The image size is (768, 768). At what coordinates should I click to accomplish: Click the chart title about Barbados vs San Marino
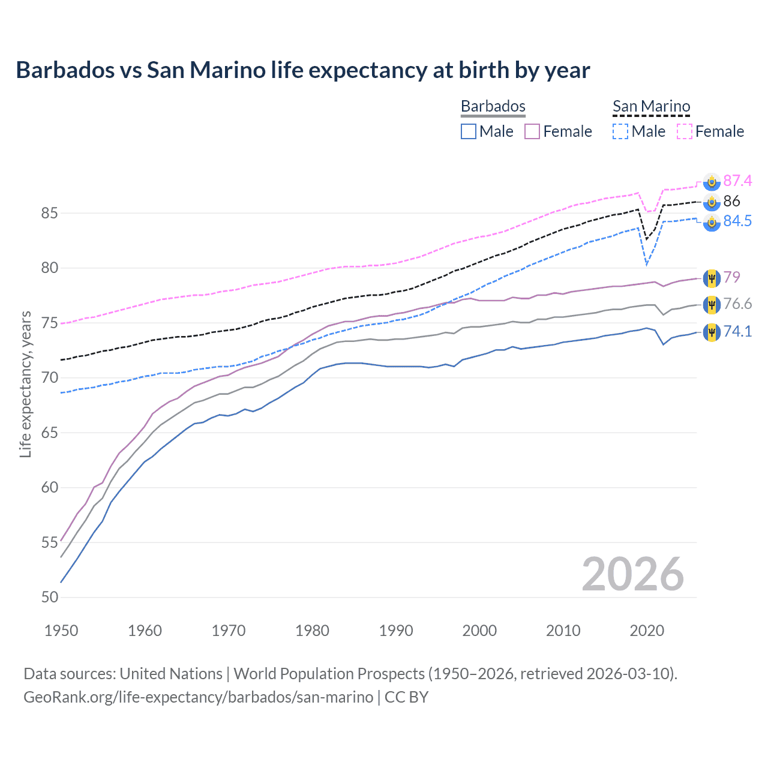click(303, 70)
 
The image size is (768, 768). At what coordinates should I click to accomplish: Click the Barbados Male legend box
click(469, 131)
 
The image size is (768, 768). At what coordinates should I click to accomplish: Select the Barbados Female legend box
click(532, 131)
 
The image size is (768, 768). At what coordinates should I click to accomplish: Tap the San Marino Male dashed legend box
click(620, 131)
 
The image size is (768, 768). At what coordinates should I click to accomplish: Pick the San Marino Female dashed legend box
click(685, 131)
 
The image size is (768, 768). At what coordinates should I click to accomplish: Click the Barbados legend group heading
click(493, 106)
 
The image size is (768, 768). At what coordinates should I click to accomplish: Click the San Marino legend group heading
click(652, 106)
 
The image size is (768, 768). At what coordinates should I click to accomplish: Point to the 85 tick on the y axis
click(50, 213)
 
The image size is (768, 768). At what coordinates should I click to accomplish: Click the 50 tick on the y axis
click(50, 597)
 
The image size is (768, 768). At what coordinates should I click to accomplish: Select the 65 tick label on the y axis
click(50, 433)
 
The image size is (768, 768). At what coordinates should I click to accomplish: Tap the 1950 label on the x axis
click(61, 631)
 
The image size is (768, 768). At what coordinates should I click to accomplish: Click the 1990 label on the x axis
click(396, 631)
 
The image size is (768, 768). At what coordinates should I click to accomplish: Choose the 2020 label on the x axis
click(647, 631)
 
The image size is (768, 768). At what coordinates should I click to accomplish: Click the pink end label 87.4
click(737, 181)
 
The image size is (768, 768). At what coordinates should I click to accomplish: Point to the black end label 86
click(731, 201)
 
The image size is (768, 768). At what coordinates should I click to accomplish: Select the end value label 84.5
click(737, 221)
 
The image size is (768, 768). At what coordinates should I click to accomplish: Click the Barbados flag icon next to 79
click(712, 278)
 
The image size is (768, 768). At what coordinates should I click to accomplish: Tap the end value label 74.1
click(737, 331)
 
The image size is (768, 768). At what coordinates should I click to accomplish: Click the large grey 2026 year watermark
click(632, 574)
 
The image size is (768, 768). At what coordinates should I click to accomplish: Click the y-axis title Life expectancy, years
click(25, 384)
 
